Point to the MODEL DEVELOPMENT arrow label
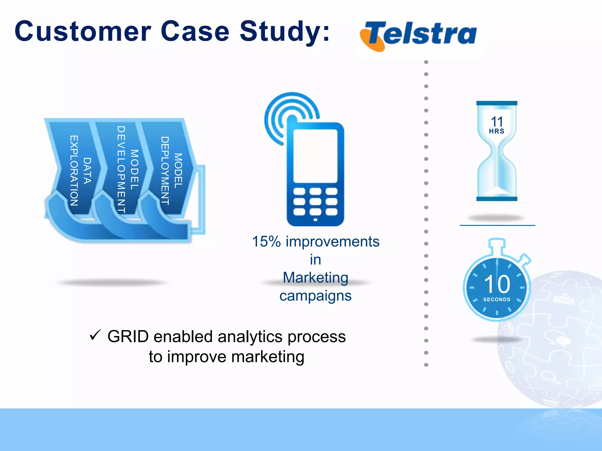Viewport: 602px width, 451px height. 128,169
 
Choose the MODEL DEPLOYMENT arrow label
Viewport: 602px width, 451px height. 171,171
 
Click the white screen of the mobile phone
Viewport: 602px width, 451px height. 315,156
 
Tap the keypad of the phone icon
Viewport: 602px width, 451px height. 315,202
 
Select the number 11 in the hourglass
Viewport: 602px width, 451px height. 497,122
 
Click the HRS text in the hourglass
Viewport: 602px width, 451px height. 496,131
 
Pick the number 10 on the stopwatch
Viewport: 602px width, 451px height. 497,284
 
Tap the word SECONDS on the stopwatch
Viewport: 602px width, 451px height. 497,299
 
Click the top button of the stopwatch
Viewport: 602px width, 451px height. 497,243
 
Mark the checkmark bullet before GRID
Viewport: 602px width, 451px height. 95,335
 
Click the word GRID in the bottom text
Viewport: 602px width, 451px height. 128,336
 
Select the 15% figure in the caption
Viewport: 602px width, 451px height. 266,242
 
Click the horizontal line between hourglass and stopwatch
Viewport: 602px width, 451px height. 497,225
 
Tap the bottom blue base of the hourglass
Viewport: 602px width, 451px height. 497,199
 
